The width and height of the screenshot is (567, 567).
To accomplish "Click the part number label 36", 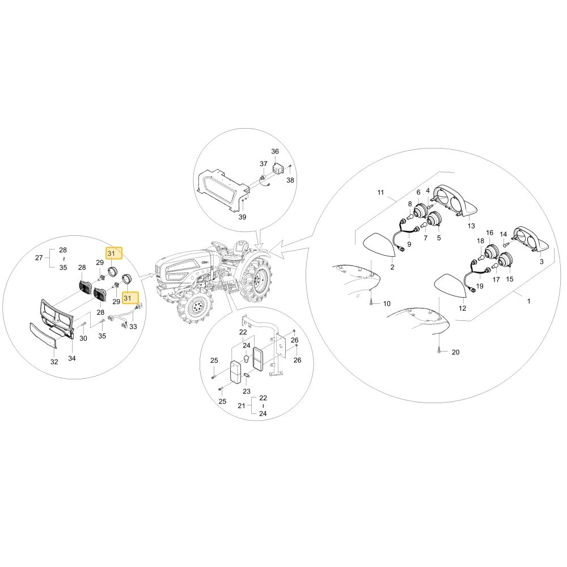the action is (275, 151).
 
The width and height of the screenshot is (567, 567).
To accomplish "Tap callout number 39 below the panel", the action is (242, 217).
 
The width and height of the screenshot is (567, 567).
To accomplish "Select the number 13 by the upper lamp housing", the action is (471, 226).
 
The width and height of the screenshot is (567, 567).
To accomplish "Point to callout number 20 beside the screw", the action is (456, 352).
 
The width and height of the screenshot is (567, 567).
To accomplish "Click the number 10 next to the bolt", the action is (387, 303).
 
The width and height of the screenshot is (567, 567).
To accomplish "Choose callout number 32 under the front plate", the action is (54, 362).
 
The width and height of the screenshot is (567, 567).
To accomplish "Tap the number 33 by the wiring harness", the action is (133, 326).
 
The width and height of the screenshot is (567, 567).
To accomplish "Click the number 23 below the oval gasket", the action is (246, 391).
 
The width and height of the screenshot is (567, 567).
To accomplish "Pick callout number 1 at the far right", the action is (528, 301).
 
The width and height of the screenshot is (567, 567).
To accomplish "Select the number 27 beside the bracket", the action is (39, 257).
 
